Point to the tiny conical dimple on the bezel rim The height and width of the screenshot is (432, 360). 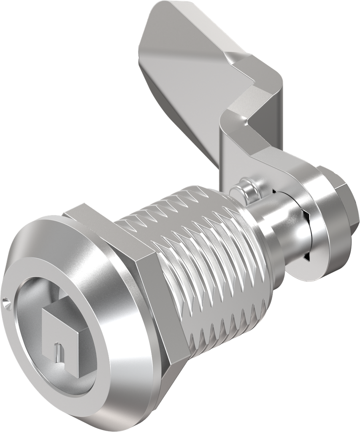5,302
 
